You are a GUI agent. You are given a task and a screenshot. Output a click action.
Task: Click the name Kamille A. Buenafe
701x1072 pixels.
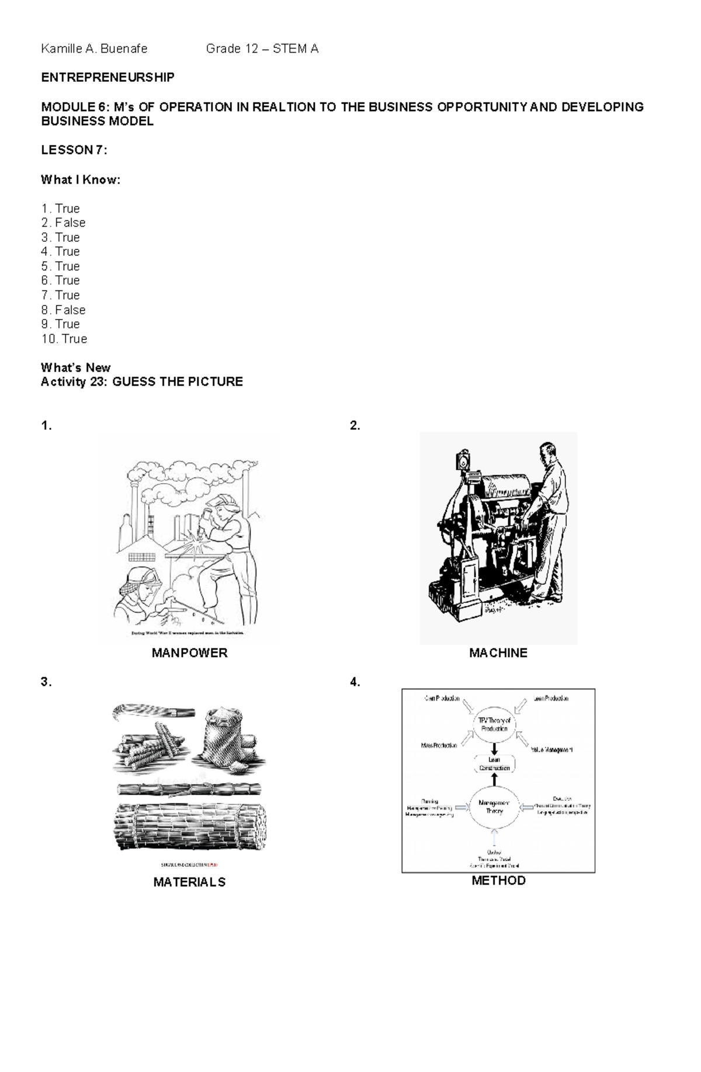(94, 49)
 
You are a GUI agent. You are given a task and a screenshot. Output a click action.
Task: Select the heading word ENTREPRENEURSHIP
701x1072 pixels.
(107, 78)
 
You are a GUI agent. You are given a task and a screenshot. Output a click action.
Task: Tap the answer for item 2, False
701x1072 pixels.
(70, 223)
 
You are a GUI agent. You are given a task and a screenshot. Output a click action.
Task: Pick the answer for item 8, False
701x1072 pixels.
(70, 310)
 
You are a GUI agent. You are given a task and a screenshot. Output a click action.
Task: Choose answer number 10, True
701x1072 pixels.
(74, 339)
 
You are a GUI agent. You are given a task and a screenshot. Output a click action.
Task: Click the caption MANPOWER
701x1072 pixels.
(189, 653)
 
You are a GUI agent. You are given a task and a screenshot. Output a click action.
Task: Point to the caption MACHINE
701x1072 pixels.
(498, 653)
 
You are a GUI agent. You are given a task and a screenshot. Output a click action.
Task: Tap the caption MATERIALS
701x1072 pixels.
(189, 882)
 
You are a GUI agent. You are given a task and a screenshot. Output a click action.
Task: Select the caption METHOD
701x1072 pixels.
(498, 880)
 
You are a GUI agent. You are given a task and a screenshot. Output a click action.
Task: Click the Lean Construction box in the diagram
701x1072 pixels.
(494, 764)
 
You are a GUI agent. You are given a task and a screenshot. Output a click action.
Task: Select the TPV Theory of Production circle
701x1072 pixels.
(494, 724)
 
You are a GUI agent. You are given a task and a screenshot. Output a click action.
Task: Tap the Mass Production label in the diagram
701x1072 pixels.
(439, 746)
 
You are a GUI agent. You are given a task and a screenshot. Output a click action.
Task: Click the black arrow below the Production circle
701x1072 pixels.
(494, 748)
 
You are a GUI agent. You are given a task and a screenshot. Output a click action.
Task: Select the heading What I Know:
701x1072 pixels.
(81, 180)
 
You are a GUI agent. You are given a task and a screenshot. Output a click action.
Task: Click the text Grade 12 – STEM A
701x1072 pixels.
(262, 49)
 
